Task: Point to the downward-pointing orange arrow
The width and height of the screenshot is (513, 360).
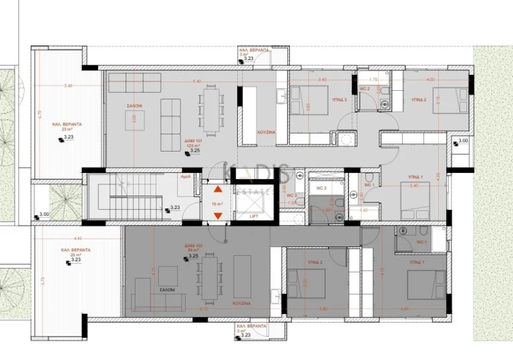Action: [x=217, y=215]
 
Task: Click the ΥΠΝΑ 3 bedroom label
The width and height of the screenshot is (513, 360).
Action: [x=341, y=100]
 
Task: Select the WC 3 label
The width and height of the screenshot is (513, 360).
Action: [x=291, y=196]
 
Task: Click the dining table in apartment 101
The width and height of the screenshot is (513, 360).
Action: [x=210, y=110]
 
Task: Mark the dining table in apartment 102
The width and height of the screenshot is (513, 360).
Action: [x=210, y=279]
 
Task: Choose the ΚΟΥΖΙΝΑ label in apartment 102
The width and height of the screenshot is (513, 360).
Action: [x=241, y=303]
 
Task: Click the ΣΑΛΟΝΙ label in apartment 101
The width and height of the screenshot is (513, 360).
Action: [x=133, y=106]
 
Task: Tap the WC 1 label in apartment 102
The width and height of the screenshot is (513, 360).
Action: [x=421, y=242]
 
